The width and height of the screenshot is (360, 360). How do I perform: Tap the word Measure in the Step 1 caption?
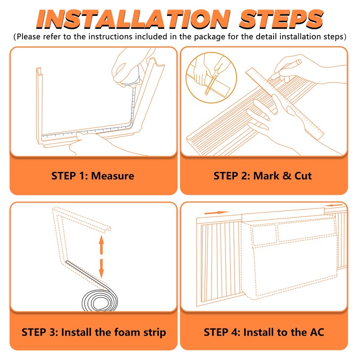112,175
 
